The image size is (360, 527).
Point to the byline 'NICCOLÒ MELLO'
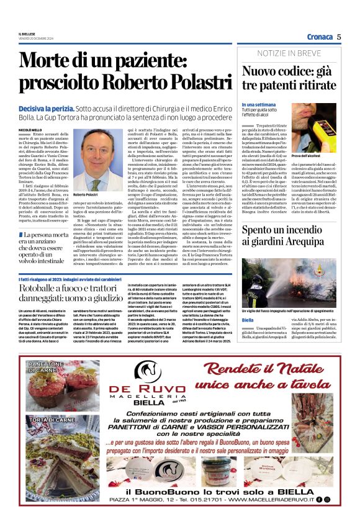coord(31,130)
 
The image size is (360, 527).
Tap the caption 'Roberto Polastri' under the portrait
coord(86,195)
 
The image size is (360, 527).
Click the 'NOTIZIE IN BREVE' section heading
coord(289,54)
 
